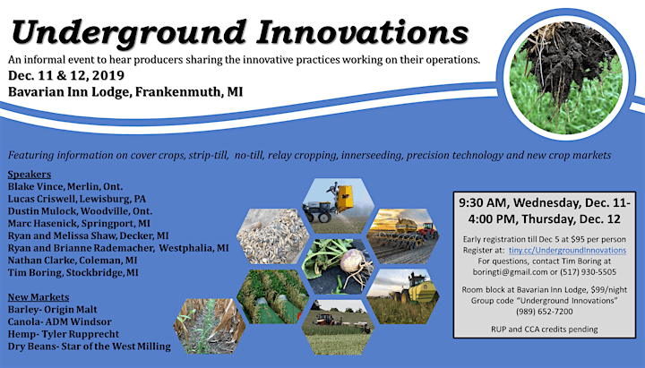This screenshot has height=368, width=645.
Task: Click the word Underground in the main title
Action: coord(128,33)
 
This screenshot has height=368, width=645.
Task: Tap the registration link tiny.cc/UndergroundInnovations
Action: coord(567,250)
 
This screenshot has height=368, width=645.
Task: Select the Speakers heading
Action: coord(30,175)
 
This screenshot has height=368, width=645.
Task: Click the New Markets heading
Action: coord(39,297)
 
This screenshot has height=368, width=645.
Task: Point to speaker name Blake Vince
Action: coord(35,186)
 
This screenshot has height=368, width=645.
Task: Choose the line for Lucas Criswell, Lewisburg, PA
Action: coord(76,199)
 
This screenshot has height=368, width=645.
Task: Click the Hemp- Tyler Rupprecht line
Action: coord(64,334)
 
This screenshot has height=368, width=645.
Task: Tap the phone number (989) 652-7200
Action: coord(545,312)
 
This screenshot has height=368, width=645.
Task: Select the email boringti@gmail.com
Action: coord(510,272)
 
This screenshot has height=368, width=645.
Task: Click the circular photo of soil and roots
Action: coord(566,75)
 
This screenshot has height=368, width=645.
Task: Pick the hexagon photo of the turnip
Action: coord(338,267)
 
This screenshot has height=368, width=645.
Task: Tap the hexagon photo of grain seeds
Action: coord(272,236)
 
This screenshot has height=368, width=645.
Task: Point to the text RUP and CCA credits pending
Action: coord(545,329)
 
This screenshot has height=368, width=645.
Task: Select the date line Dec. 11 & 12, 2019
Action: coord(65,75)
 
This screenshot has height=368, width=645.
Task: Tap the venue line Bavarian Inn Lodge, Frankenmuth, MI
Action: coord(125,91)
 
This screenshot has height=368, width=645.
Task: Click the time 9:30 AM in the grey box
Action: coord(484,202)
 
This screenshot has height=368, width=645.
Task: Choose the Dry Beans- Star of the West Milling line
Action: coord(89,347)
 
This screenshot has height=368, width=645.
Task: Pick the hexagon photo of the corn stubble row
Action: coord(210,327)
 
